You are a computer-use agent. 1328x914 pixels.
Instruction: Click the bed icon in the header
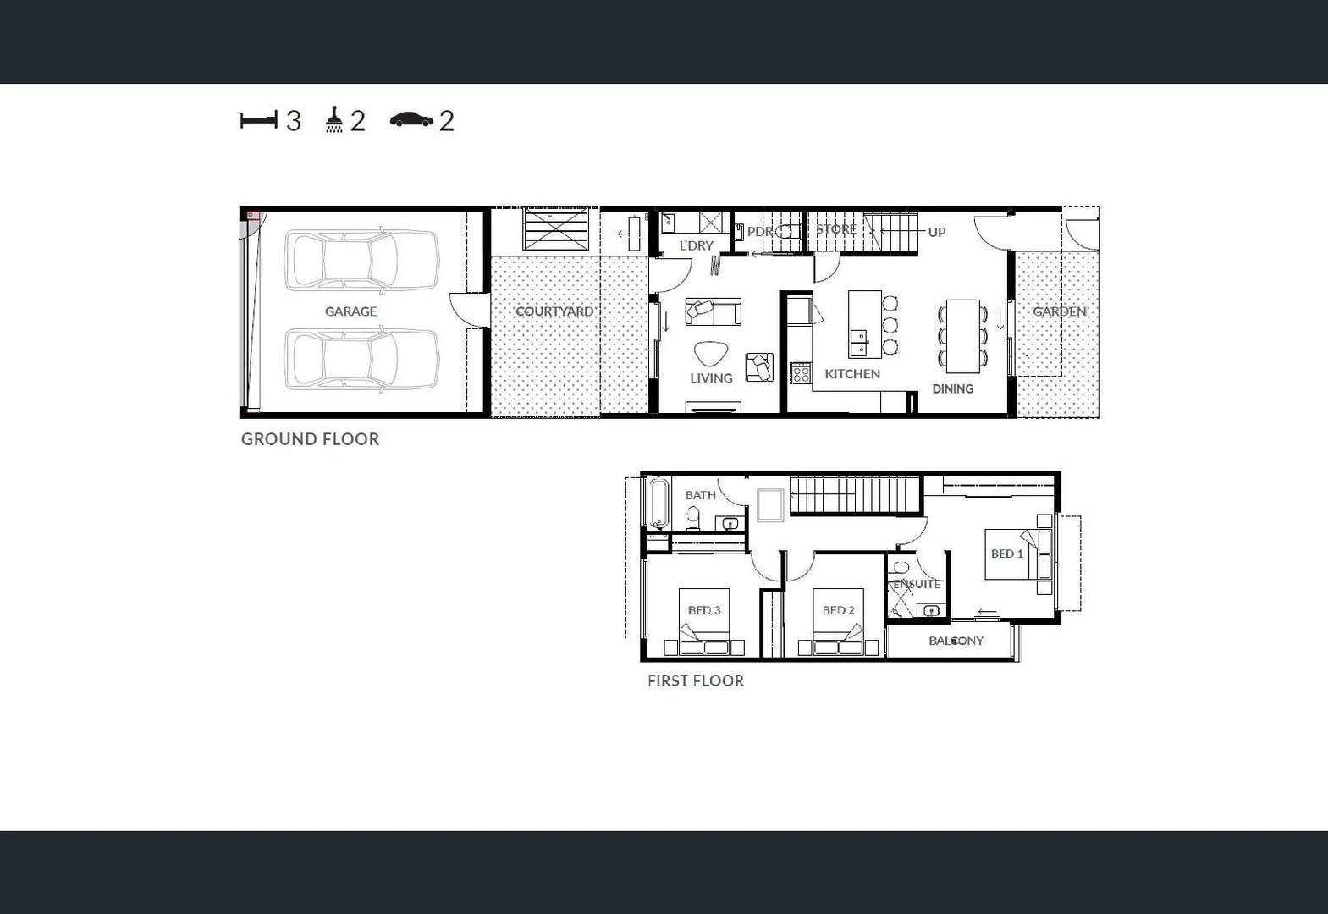[x=258, y=120]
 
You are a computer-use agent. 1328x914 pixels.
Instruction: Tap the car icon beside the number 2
[x=411, y=120]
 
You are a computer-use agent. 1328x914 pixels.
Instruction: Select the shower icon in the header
[x=334, y=120]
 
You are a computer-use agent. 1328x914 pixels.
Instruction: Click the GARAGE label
[x=350, y=311]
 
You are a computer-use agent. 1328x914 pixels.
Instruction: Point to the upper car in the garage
[x=361, y=260]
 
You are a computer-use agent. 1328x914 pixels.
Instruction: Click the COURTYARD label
[x=554, y=311]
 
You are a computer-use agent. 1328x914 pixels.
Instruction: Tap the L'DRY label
[x=697, y=245]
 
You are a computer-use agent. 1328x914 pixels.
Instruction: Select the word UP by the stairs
[x=936, y=232]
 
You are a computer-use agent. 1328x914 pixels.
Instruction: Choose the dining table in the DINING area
[x=962, y=336]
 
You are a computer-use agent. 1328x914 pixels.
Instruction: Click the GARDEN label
[x=1059, y=311]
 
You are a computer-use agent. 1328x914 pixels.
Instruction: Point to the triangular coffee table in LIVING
[x=709, y=354]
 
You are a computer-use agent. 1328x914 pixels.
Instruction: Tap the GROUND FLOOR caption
[x=310, y=439]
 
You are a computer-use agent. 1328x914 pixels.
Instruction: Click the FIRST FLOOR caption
[x=696, y=681]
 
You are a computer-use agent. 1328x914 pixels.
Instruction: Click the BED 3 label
[x=704, y=610]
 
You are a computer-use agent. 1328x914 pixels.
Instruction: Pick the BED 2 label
[x=838, y=610]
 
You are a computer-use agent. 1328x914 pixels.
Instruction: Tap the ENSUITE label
[x=917, y=584]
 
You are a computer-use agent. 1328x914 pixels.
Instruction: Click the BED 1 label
[x=1007, y=553]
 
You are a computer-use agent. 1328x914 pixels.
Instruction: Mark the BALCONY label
[x=956, y=641]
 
